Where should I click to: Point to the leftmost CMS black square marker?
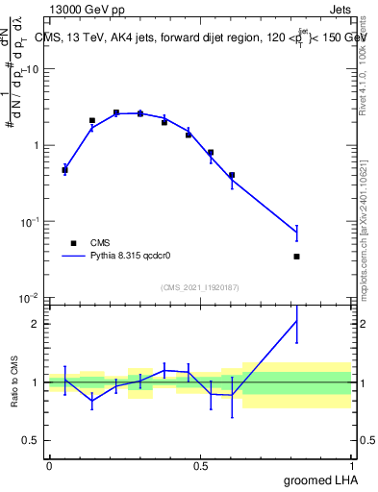[64, 170]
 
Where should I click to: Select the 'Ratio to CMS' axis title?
[14, 382]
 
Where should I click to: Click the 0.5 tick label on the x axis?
[201, 466]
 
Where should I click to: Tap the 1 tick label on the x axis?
[354, 466]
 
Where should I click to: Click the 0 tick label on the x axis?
[49, 466]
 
